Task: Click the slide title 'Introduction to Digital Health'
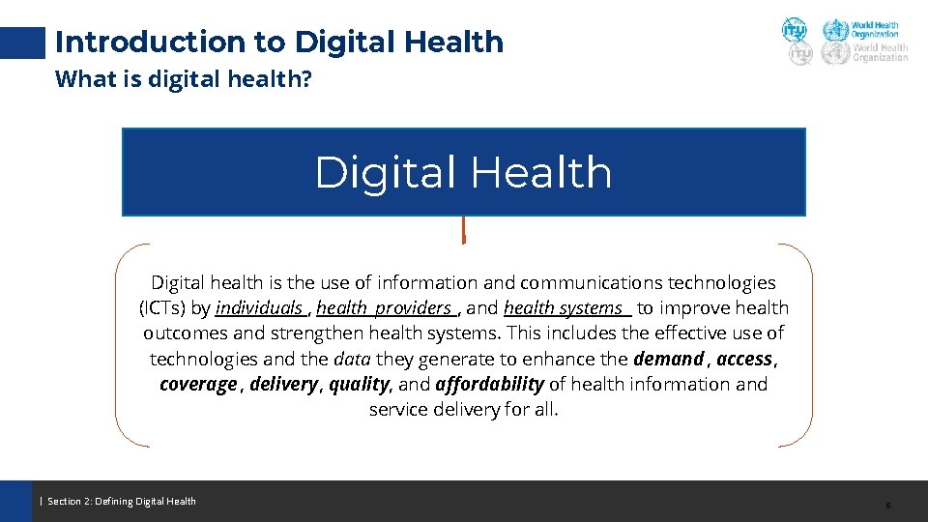[279, 42]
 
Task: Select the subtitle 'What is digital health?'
[184, 78]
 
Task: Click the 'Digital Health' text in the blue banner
[463, 173]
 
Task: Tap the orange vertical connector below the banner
[464, 230]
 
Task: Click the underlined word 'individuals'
[259, 308]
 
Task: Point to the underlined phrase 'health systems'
[565, 308]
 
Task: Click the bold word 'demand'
[668, 359]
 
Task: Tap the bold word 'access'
[743, 359]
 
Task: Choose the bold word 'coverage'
[198, 384]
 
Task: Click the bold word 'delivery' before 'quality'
[282, 384]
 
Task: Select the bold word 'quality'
[359, 384]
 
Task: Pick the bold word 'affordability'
[490, 384]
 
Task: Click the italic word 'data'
[352, 359]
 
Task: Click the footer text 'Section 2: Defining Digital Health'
[121, 501]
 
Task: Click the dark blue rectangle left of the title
[22, 42]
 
